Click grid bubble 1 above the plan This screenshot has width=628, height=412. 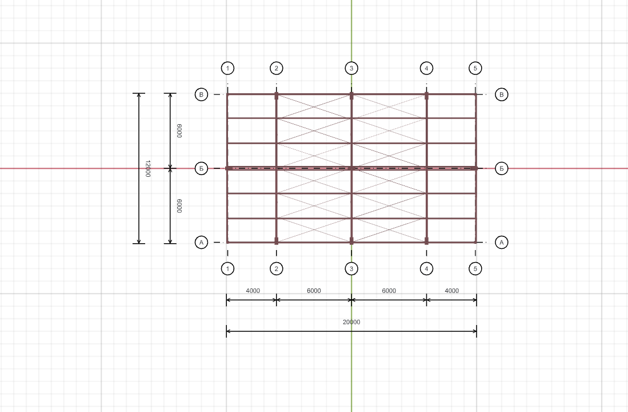coord(227,68)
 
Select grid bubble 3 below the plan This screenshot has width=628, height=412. coord(351,269)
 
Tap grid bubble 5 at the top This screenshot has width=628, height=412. coord(475,68)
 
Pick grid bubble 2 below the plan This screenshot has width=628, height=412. coord(277,269)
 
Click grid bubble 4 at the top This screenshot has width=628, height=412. coord(426,68)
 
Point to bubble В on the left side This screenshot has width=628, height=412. coord(201,94)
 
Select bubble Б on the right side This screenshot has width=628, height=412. coord(502,168)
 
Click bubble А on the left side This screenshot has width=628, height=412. coord(201,242)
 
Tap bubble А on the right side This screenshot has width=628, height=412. coord(502,242)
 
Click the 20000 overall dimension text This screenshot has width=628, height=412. coord(351,322)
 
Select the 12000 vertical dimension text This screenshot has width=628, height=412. coord(148,168)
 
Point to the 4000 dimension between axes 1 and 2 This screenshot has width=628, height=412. coord(253,291)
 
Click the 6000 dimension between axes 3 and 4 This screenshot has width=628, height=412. coord(389,291)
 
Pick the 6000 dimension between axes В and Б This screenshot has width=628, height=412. coord(179,131)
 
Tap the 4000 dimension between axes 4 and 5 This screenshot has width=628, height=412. coord(452,291)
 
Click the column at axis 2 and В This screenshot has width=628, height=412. coord(277,96)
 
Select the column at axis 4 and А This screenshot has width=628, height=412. coord(426,241)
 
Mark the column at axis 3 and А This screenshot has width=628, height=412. coord(351,241)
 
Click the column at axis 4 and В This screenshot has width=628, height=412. coord(426,96)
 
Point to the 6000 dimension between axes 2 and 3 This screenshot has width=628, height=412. coord(314,291)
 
